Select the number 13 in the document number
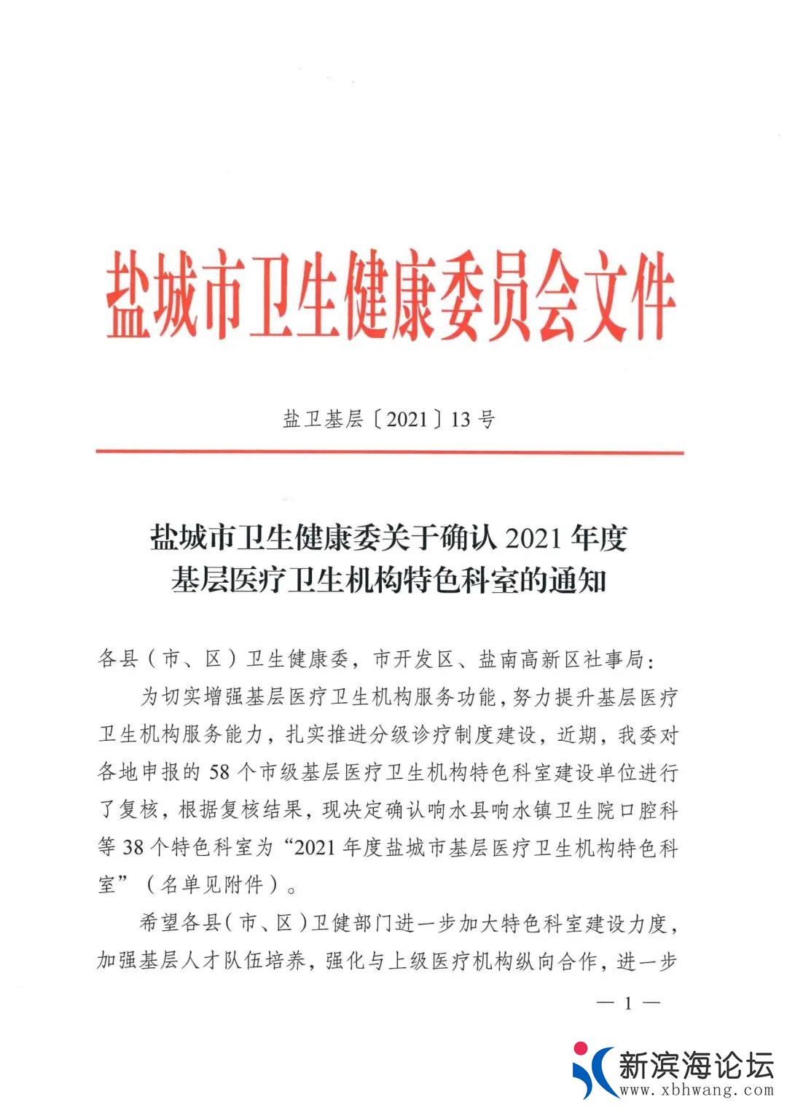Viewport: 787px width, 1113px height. coord(461,420)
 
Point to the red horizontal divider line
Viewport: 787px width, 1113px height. coord(389,452)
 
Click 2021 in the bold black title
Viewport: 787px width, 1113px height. coord(533,538)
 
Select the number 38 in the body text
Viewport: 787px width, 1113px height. coord(133,847)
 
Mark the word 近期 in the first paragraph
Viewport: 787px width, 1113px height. coord(576,734)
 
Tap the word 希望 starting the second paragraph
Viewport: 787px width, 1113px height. coord(160,924)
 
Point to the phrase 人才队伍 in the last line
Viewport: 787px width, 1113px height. coord(222,961)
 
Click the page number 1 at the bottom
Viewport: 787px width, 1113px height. coord(628,1004)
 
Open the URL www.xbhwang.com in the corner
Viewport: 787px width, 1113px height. coord(696,1090)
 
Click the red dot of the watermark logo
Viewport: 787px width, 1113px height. coord(581,1049)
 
